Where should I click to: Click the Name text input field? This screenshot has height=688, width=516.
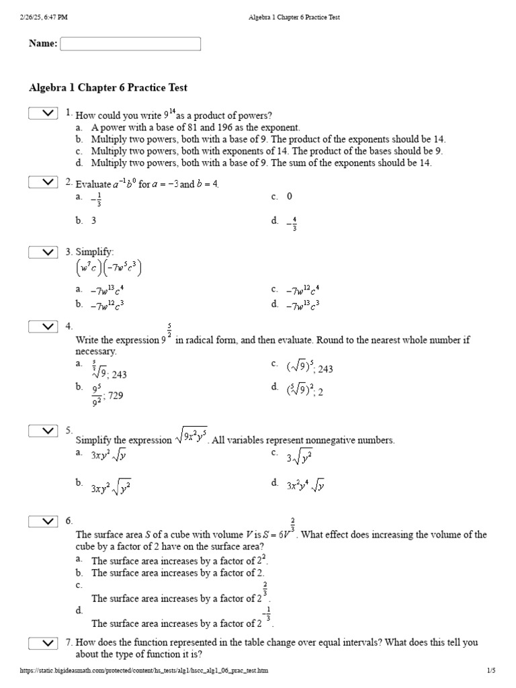pos(130,44)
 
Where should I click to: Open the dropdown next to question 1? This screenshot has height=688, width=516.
pos(44,113)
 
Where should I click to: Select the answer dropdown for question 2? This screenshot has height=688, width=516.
pos(44,182)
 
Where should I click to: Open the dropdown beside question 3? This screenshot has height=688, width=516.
pos(44,252)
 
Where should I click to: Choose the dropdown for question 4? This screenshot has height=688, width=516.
pos(44,327)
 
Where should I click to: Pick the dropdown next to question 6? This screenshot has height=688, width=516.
pos(44,521)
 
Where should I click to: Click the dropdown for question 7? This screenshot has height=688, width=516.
pos(44,644)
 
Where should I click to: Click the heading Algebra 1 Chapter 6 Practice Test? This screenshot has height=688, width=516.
pos(108,88)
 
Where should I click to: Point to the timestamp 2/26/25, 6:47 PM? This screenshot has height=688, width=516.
pos(44,17)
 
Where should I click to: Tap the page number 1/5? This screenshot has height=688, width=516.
pos(490,671)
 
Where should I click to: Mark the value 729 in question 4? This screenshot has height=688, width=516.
pos(116,396)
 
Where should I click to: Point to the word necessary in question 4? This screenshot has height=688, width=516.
pos(96,351)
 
